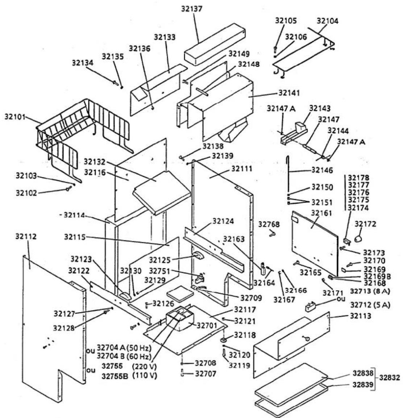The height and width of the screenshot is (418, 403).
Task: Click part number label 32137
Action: [x=192, y=9]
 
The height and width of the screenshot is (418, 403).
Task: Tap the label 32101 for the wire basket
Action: [x=15, y=117]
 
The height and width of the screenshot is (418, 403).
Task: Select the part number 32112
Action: [x=26, y=236]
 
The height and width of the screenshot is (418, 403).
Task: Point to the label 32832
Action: [x=389, y=377]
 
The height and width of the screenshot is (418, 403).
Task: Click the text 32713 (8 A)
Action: [x=370, y=291]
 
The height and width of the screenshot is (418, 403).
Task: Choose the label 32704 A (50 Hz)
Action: [x=124, y=348]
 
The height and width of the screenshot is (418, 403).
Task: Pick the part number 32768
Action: [x=269, y=224]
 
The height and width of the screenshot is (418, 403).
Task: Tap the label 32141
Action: [x=289, y=93]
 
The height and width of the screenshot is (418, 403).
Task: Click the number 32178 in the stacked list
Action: [x=359, y=178]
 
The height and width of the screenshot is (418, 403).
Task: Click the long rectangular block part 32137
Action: [x=215, y=44]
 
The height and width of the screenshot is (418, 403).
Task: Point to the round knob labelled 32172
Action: [x=358, y=238]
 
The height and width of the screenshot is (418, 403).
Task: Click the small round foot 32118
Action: [x=223, y=340]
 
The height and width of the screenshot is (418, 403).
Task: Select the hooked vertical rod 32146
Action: [x=288, y=173]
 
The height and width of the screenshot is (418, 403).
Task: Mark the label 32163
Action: [x=234, y=239]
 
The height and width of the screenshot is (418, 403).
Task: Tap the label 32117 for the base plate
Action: [x=245, y=310]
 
